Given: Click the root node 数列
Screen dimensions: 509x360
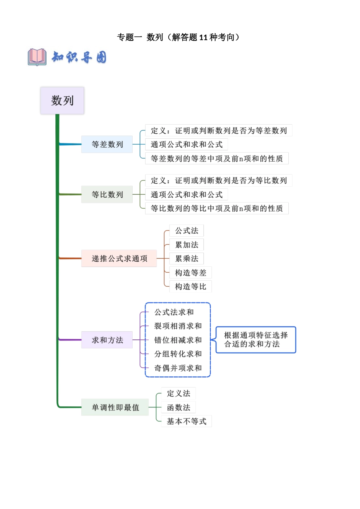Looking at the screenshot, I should point(62,101).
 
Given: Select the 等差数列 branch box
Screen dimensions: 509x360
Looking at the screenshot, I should point(107,144).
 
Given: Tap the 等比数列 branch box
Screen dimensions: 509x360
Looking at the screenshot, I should point(107,194).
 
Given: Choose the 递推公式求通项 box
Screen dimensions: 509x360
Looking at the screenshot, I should point(119,259).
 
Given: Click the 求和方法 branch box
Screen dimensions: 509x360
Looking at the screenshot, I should point(107,340).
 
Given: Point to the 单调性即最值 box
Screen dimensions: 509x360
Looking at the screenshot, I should point(115,408).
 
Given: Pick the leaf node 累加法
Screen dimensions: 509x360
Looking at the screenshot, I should point(186,245).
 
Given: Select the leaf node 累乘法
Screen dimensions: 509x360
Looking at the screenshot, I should point(186,259).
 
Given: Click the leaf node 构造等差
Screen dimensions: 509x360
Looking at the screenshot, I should point(190,273).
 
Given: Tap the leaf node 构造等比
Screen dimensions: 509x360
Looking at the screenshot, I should point(190,287).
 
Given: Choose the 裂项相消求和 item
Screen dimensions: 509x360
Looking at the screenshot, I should point(178,326).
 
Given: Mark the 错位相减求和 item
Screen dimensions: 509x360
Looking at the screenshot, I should point(178,340).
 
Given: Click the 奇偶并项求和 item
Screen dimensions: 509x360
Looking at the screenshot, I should point(178,368).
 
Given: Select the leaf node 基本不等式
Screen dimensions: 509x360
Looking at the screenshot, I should point(186,422).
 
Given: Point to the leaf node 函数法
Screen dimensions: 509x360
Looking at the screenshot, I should point(178,408).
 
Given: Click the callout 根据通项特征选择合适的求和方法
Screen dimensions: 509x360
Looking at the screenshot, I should point(256,340).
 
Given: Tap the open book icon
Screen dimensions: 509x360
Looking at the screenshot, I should point(37,57).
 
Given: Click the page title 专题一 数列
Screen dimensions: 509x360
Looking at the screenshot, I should point(178,37).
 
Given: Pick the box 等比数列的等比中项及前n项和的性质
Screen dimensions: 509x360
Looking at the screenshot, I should point(217,208).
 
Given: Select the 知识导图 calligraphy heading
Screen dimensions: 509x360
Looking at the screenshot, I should point(79,57).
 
